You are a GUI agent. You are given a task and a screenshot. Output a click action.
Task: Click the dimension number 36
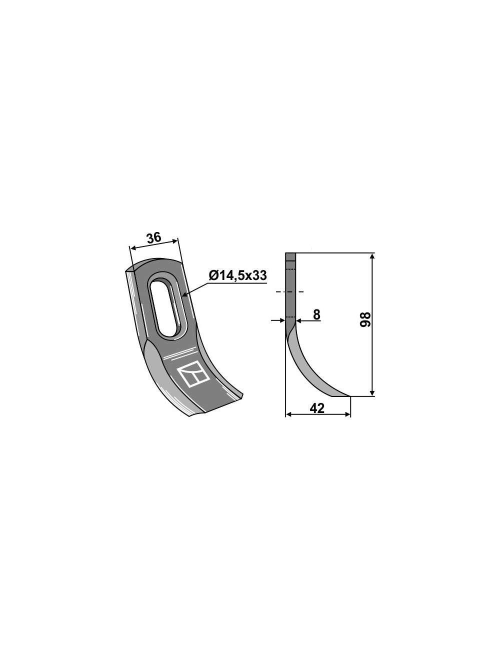153,238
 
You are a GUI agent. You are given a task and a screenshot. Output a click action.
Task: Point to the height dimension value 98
365,319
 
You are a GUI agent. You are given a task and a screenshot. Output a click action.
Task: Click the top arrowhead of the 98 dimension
372,256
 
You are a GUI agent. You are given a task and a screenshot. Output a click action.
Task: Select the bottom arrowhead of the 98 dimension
372,392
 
